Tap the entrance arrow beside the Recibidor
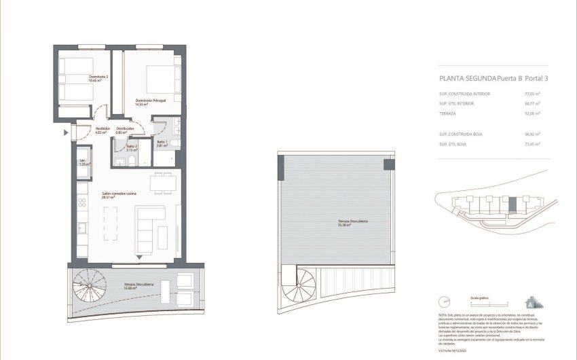pos(66,132)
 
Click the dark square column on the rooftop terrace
pos(388,164)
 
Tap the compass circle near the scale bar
pos(445,302)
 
